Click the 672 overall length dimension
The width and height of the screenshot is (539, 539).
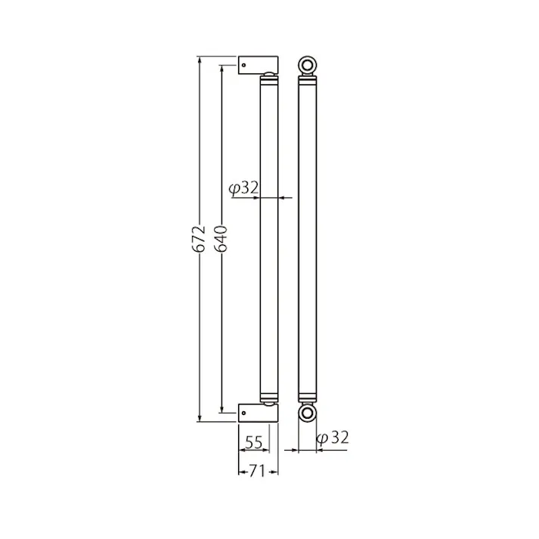200,239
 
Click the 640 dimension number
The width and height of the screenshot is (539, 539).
221,239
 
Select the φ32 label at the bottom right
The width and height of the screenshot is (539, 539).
333,438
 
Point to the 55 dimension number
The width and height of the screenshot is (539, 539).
254,442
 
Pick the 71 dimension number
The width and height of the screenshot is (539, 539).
258,471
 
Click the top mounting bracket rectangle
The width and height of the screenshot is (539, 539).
258,65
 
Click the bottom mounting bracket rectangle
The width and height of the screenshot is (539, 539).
258,413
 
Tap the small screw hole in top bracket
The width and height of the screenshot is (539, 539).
243,65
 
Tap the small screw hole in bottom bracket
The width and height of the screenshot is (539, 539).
243,413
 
